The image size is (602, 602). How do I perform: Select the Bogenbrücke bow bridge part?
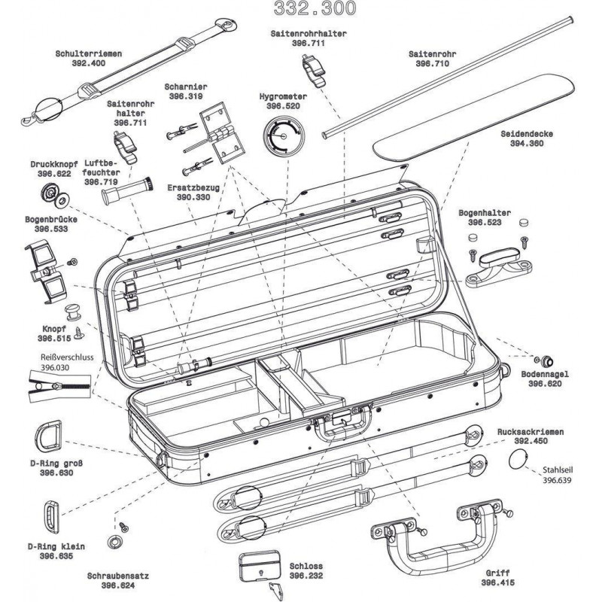pyautogui.click(x=44, y=267)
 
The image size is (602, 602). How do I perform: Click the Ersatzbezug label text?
pyautogui.click(x=193, y=187)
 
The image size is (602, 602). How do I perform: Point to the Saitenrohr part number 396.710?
pyautogui.click(x=432, y=64)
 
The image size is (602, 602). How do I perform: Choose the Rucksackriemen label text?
pyautogui.click(x=529, y=433)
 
